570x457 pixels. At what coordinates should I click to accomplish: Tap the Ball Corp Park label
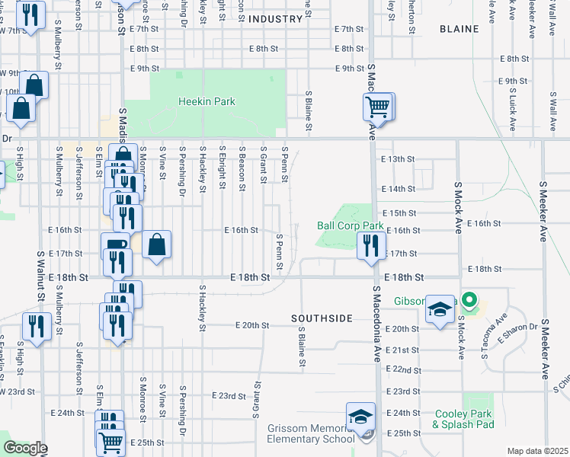point(350,226)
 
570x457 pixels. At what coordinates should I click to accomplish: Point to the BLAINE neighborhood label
point(460,29)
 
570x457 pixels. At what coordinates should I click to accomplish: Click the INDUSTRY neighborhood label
point(275,18)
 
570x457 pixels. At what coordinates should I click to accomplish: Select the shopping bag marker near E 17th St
point(156,245)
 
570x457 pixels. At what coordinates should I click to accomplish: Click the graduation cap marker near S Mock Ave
point(440,310)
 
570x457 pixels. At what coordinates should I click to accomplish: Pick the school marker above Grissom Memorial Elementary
point(360,417)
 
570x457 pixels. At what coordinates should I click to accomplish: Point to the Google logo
point(25,448)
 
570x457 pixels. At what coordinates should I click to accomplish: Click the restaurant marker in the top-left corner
point(30,16)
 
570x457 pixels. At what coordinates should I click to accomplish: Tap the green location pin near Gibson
point(470,300)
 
